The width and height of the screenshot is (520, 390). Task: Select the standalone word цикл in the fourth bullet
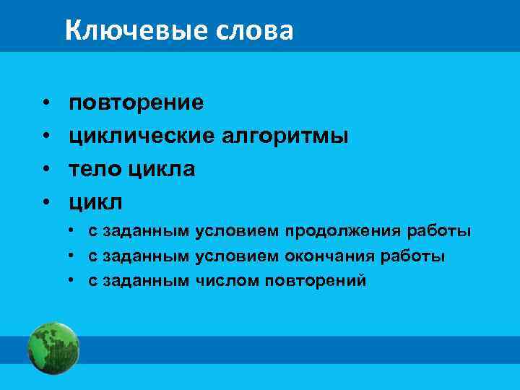click(95, 200)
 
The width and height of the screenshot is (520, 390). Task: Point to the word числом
click(217, 280)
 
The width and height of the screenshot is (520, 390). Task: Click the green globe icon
click(53, 348)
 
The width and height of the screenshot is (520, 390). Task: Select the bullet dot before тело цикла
click(45, 169)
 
